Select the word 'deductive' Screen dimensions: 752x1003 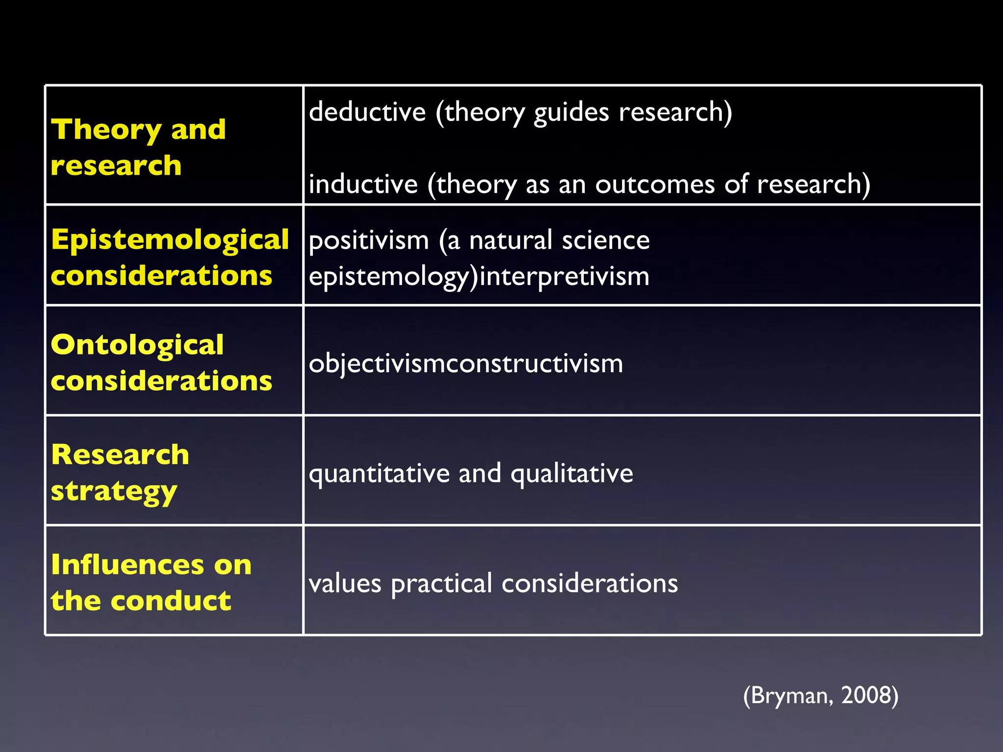(x=367, y=112)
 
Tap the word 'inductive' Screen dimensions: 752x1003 (x=363, y=184)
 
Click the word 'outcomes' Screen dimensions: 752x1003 (x=655, y=184)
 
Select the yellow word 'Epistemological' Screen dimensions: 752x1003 (x=170, y=240)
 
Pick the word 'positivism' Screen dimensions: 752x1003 (x=369, y=240)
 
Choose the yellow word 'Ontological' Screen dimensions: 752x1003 (x=137, y=346)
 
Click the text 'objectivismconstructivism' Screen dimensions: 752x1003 (x=466, y=364)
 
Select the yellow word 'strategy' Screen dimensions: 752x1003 (x=114, y=492)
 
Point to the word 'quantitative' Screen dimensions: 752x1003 (x=379, y=473)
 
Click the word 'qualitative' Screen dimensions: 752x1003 (x=572, y=473)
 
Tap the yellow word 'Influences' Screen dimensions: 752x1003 (x=129, y=564)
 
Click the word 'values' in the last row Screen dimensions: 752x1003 (x=345, y=584)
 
